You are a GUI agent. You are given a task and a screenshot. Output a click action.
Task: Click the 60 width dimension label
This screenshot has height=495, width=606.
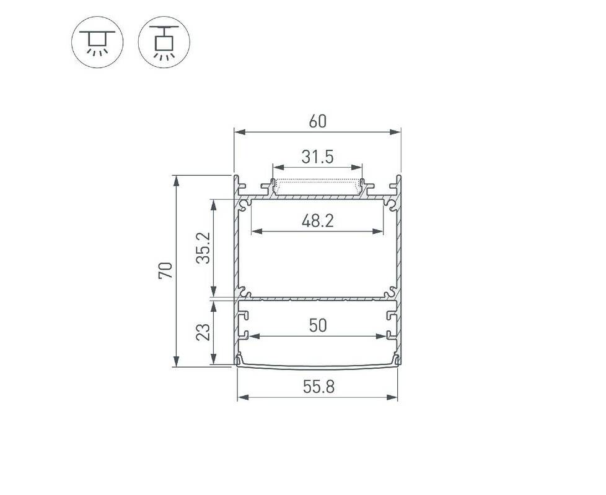point(318,121)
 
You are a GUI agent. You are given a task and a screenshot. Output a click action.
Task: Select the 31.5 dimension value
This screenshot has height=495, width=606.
point(317,157)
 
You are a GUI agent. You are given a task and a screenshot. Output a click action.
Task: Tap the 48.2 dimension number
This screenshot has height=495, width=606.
point(317,221)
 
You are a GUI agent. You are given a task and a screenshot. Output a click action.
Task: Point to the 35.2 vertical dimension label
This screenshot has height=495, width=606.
point(203,247)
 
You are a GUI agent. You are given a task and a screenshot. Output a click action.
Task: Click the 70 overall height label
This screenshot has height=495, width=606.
point(165,270)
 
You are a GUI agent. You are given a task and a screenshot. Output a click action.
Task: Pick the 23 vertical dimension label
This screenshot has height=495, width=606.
point(203,332)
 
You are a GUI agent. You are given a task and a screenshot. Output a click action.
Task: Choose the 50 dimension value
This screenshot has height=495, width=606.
point(318,325)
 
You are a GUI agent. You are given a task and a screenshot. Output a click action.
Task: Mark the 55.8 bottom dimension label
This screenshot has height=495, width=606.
point(318,387)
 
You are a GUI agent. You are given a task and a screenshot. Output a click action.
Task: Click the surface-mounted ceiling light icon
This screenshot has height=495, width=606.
point(97,42)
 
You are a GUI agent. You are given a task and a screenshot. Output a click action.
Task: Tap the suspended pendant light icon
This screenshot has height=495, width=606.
point(164,42)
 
